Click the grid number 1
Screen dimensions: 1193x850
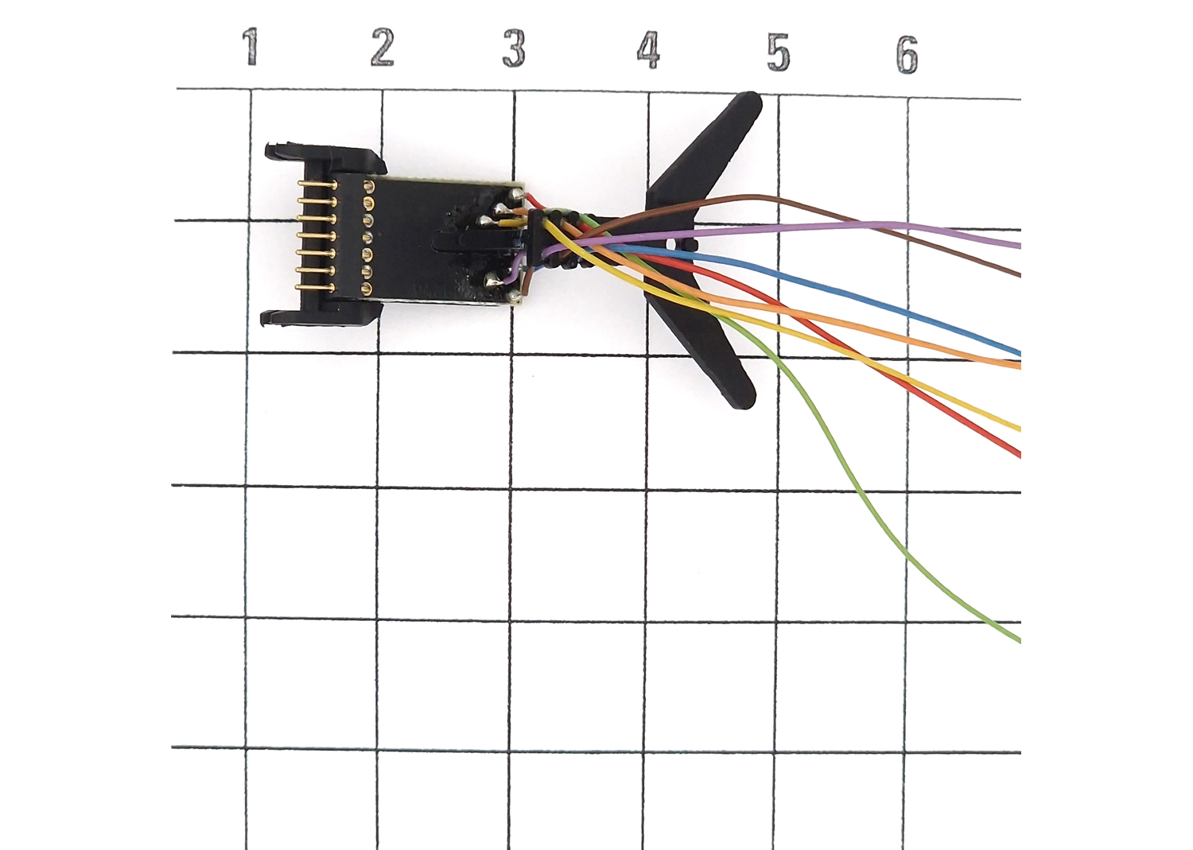coord(251,47)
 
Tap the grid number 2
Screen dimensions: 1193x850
coord(383,48)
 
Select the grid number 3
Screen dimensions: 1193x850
coord(514,49)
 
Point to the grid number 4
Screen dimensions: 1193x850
coord(648,51)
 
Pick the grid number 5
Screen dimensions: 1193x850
coord(778,52)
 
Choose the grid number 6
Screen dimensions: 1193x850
coord(907,54)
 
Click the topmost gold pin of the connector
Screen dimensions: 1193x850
coord(317,184)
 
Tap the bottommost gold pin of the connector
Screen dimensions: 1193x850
coord(315,288)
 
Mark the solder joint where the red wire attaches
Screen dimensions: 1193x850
coord(515,196)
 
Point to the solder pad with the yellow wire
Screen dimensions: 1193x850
coord(485,220)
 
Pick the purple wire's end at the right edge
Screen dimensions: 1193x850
coord(1020,246)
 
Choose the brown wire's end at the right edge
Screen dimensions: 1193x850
coord(1020,274)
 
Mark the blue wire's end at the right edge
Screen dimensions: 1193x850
coord(1020,353)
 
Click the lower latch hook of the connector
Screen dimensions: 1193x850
coord(273,319)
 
